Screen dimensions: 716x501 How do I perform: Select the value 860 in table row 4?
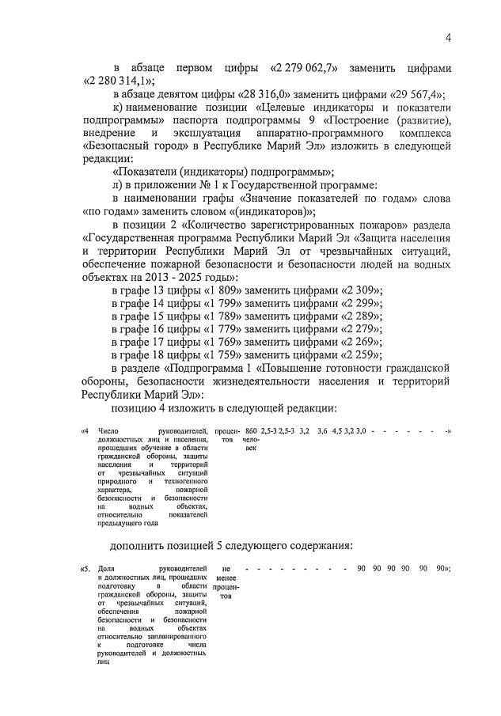pyautogui.click(x=252, y=430)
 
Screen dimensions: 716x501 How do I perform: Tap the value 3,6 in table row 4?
pyautogui.click(x=322, y=430)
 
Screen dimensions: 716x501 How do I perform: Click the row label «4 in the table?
pyautogui.click(x=85, y=431)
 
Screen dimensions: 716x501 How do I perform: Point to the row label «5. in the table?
pyautogui.click(x=85, y=569)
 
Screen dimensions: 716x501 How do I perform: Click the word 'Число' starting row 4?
pyautogui.click(x=108, y=431)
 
